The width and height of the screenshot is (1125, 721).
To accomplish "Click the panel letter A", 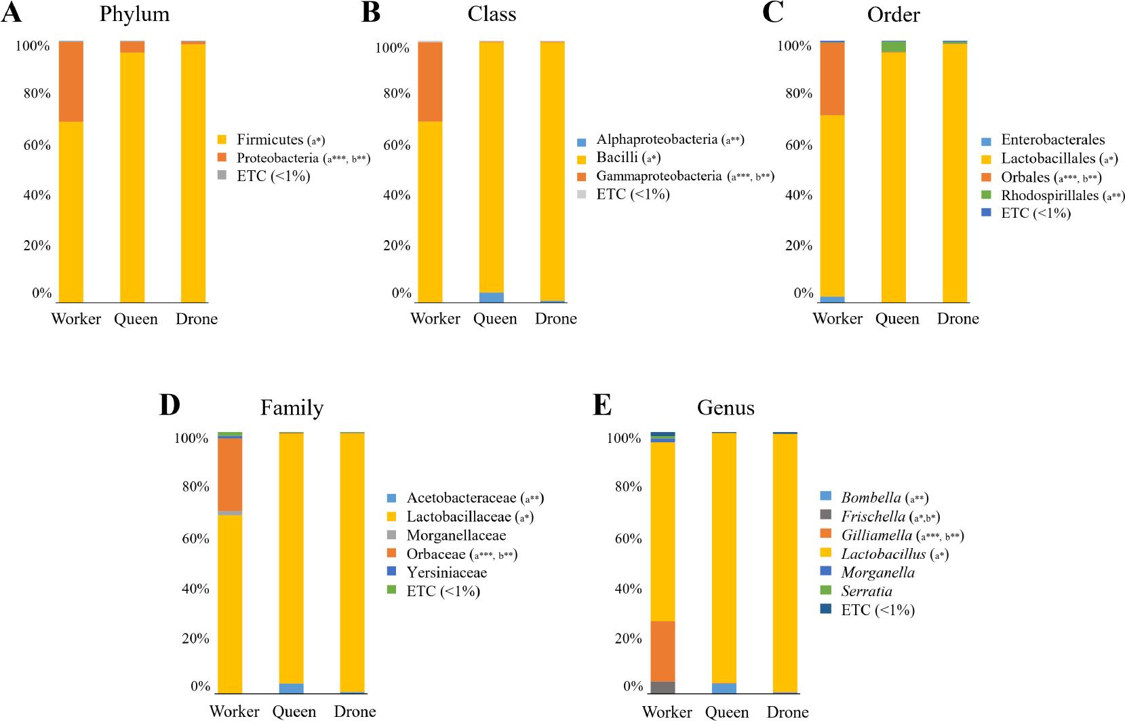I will [x=12, y=13].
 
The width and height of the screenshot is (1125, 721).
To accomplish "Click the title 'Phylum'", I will [x=134, y=14].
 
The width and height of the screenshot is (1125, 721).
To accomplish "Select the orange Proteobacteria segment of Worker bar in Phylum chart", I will [x=71, y=81].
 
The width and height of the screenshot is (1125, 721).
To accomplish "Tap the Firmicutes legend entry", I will [x=270, y=140].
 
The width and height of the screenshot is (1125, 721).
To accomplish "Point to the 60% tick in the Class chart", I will [x=397, y=145].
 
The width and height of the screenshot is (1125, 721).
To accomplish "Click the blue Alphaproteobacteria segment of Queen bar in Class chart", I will [x=492, y=297].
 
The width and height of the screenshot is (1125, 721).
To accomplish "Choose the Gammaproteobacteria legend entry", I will [x=658, y=176].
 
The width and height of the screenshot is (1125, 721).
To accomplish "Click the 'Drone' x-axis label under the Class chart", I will [x=555, y=319].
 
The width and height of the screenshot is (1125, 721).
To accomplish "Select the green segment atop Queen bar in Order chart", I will [x=893, y=47].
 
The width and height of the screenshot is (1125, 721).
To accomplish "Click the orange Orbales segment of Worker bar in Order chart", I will [x=832, y=78].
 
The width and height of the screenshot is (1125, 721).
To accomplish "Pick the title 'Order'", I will [x=893, y=14].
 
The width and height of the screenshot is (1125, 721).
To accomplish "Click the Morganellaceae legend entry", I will [x=456, y=536].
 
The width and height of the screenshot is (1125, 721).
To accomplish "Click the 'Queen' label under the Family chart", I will [x=294, y=711].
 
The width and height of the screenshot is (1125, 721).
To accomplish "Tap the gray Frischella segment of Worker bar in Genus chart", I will [x=663, y=686].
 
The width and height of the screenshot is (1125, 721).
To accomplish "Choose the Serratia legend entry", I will [x=866, y=591].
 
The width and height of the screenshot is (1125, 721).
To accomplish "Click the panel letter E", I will [x=602, y=406].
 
